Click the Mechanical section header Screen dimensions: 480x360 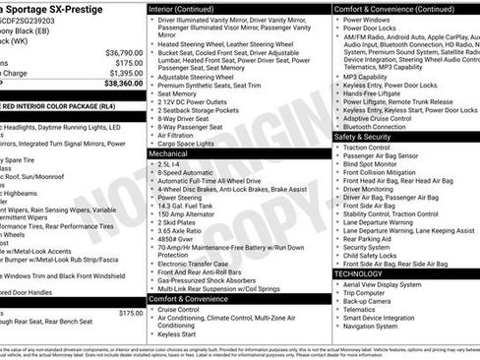click(x=169, y=153)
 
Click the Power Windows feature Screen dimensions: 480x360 click(x=367, y=20)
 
